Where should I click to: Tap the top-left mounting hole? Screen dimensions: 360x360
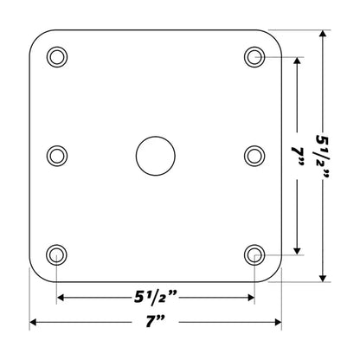57,57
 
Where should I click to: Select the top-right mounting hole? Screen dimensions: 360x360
254,57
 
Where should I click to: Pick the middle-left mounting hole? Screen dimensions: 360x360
57,156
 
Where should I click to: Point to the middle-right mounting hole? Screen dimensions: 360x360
254,156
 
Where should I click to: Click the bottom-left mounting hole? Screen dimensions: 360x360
57,254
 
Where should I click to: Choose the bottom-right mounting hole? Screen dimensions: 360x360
254,254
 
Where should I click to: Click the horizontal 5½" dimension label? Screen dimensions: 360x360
156,298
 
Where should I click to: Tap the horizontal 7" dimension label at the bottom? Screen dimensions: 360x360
156,323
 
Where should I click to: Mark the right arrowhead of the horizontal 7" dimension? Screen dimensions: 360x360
279,323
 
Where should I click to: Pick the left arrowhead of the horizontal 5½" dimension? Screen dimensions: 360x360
61,298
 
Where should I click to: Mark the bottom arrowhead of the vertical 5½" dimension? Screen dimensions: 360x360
324,278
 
